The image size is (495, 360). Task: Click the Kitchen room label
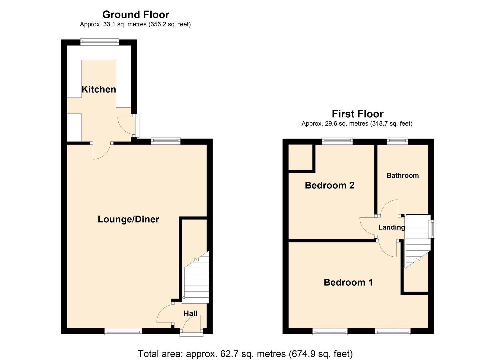[x=99, y=89]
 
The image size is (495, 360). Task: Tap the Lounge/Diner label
[x=128, y=219]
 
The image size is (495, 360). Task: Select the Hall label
[x=190, y=313]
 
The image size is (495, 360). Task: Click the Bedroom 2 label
[x=329, y=185]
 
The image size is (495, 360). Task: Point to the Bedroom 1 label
[x=348, y=282]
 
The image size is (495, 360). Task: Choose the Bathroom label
[x=402, y=175]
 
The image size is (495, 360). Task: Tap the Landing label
[x=391, y=227]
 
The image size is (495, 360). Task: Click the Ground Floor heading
[x=136, y=15]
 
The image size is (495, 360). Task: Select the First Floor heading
[x=357, y=114]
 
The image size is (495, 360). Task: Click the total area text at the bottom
[x=245, y=353]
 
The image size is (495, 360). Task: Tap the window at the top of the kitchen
[x=100, y=42]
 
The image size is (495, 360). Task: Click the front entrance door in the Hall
[x=192, y=325]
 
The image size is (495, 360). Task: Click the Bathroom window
[x=397, y=141]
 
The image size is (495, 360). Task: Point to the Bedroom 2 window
[x=337, y=141]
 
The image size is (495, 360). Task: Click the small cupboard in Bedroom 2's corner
[x=300, y=157]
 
